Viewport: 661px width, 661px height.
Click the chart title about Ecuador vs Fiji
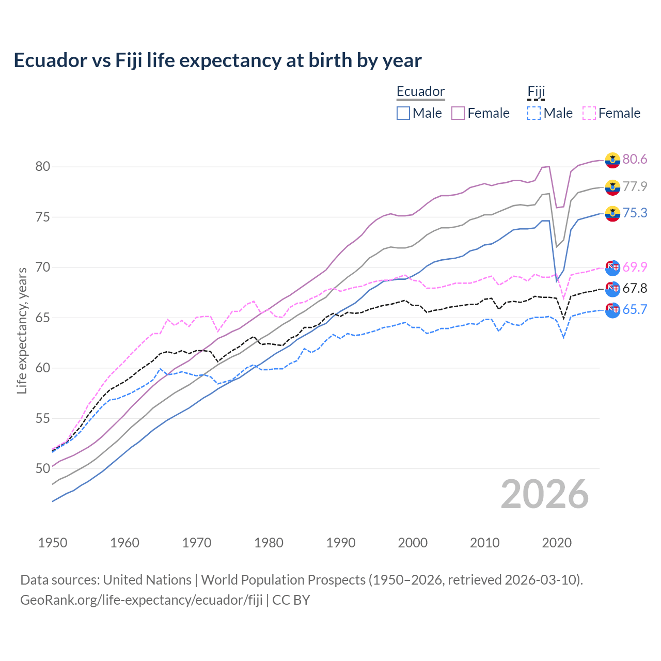tap(217, 60)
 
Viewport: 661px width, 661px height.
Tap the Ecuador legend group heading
tap(420, 91)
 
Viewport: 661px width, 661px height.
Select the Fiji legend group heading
tap(536, 91)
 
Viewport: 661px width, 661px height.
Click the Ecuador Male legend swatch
tap(403, 113)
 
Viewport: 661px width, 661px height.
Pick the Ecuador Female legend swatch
tap(458, 113)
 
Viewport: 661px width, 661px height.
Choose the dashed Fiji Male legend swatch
tap(534, 113)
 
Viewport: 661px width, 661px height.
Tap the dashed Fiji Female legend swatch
tap(589, 113)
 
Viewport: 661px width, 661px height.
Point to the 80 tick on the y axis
tap(42, 166)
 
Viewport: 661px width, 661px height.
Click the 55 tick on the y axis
tap(42, 418)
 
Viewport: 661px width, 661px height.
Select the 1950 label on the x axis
tap(53, 543)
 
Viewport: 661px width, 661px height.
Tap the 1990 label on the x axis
tap(341, 543)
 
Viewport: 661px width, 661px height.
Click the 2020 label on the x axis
tap(557, 543)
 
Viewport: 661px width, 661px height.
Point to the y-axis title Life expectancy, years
tap(22, 330)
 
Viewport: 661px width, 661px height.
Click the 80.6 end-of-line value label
tap(635, 159)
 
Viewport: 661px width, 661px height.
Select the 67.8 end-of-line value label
tap(635, 288)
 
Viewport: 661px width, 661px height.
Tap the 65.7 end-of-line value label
tap(635, 309)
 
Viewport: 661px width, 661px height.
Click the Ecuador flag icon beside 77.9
tap(612, 187)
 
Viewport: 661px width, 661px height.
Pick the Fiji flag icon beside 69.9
tap(612, 267)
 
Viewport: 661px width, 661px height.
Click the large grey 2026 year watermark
tap(544, 494)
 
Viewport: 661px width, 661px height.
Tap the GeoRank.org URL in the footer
tap(141, 600)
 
